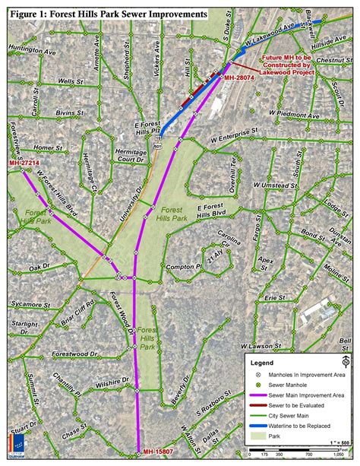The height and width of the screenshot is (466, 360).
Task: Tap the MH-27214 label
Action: coord(24,163)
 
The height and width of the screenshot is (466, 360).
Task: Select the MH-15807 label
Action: coord(154,453)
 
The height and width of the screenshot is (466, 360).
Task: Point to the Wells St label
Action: coord(69,80)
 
